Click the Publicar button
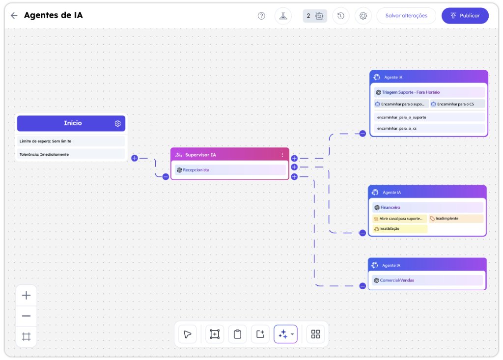pyautogui.click(x=465, y=16)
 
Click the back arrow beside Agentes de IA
pyautogui.click(x=14, y=15)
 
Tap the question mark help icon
pyautogui.click(x=261, y=16)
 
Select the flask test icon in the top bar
pyautogui.click(x=283, y=16)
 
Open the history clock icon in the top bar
pyautogui.click(x=341, y=16)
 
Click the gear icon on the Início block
pyautogui.click(x=118, y=124)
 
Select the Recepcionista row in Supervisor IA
pyautogui.click(x=230, y=170)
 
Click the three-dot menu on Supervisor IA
pyautogui.click(x=282, y=155)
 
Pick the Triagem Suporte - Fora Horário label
pyautogui.click(x=411, y=92)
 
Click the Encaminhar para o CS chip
pyautogui.click(x=457, y=104)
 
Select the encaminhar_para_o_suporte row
pyautogui.click(x=429, y=117)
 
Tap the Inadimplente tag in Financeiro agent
pyautogui.click(x=456, y=219)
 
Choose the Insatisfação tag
pyautogui.click(x=400, y=229)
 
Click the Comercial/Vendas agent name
pyautogui.click(x=397, y=280)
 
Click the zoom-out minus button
pyautogui.click(x=27, y=316)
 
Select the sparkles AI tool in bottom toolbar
pyautogui.click(x=285, y=334)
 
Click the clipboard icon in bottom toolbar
pyautogui.click(x=237, y=334)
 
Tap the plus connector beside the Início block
pyautogui.click(x=135, y=158)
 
